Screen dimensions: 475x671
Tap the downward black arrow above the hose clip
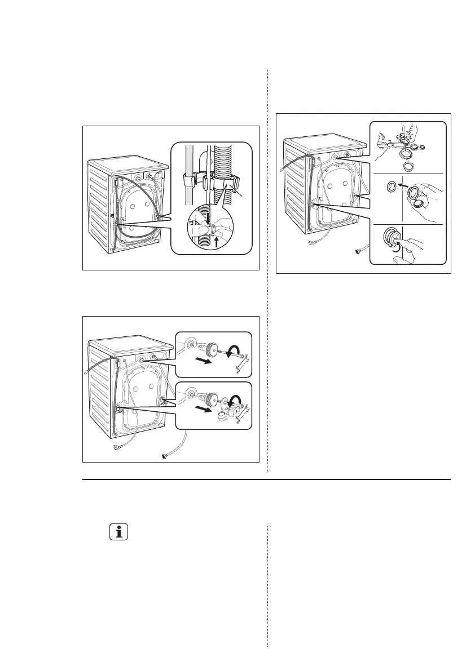pyautogui.click(x=209, y=217)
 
